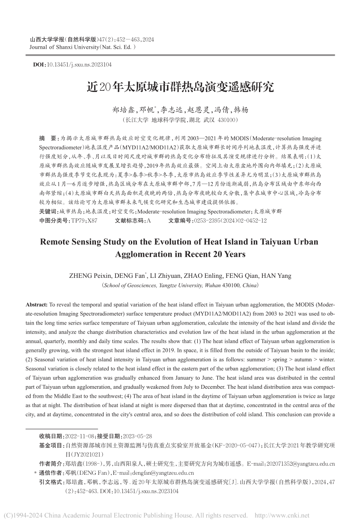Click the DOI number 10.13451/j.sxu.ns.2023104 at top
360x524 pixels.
(80, 65)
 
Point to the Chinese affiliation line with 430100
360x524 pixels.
(180, 120)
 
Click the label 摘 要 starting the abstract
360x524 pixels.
(47, 139)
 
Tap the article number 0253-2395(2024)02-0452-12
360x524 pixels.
(230, 220)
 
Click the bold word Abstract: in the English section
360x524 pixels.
(37, 305)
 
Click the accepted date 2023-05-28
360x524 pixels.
(137, 436)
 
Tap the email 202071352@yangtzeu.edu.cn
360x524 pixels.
(297, 464)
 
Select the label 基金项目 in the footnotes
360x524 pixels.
(51, 445)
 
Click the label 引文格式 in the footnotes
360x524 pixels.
(51, 482)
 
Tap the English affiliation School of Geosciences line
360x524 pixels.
(180, 285)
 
